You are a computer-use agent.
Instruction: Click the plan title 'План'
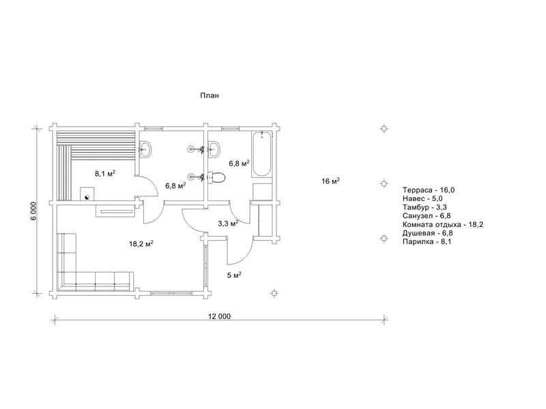(210, 95)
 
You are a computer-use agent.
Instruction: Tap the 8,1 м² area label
(105, 173)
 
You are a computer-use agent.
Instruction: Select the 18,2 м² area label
(141, 244)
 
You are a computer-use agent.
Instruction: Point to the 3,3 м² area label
(228, 224)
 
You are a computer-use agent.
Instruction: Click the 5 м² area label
(234, 275)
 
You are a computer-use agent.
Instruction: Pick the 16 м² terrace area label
(330, 181)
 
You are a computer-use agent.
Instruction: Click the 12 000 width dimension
(219, 316)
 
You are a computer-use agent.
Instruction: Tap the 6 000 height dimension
(33, 211)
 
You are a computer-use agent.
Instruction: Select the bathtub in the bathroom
(262, 154)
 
